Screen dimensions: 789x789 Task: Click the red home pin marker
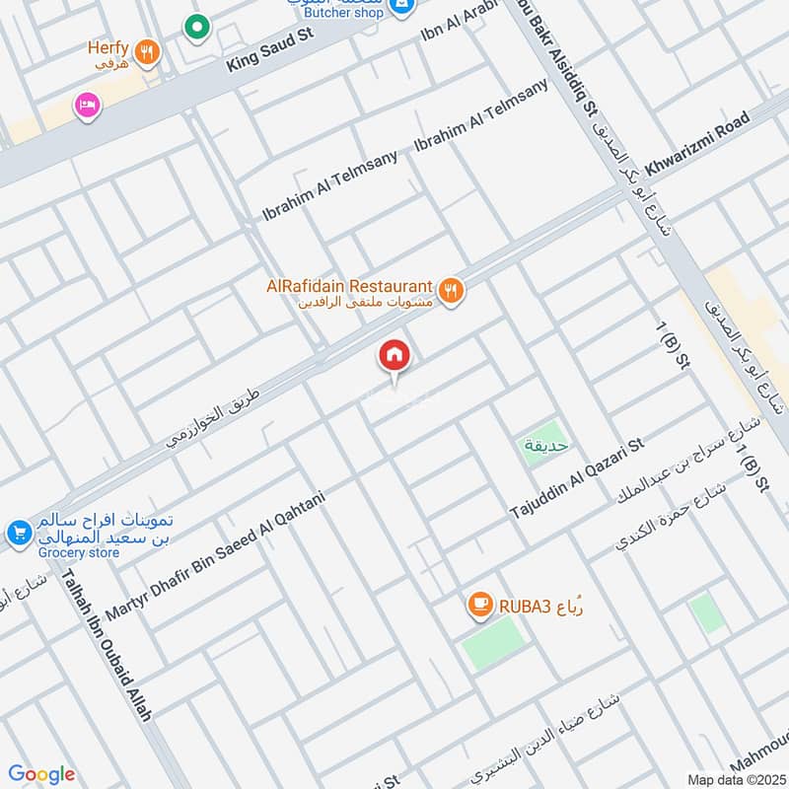394,356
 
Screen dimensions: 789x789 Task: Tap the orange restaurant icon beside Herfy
147,52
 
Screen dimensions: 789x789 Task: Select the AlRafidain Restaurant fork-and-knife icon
452,291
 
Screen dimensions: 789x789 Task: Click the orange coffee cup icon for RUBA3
479,605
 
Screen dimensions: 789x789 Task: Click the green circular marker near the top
198,28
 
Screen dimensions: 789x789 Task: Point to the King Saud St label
268,48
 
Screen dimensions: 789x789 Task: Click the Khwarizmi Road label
696,144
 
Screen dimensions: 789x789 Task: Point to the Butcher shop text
341,13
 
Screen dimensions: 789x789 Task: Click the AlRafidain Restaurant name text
349,286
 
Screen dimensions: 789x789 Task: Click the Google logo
41,774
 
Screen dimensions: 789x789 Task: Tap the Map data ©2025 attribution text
736,779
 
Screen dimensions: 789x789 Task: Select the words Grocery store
79,553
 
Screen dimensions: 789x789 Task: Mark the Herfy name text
108,46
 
